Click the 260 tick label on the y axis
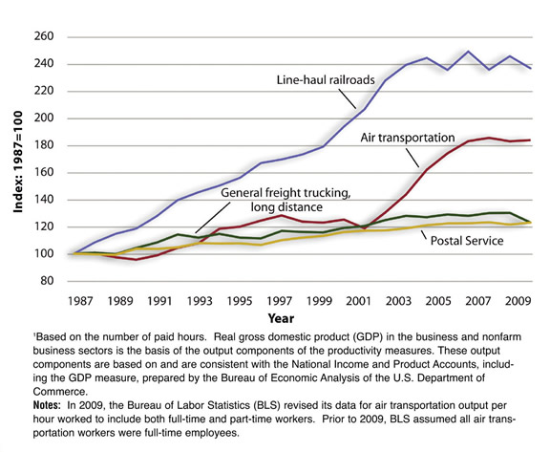pyautogui.click(x=51, y=36)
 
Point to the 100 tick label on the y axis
pyautogui.click(x=51, y=254)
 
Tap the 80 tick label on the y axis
pyautogui.click(x=53, y=281)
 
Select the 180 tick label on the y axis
pyautogui.click(x=51, y=145)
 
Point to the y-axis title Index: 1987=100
pyautogui.click(x=16, y=158)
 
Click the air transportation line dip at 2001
pyautogui.click(x=364, y=229)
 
